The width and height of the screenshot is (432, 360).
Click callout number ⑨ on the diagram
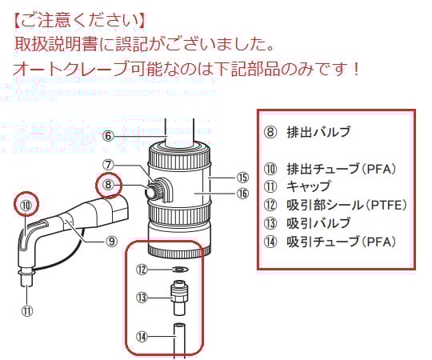pos(112,239)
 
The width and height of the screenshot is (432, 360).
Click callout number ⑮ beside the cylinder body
pos(242,177)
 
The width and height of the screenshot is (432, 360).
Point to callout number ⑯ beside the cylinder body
pos(242,193)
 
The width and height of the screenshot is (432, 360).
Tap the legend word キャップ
pos(308,186)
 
